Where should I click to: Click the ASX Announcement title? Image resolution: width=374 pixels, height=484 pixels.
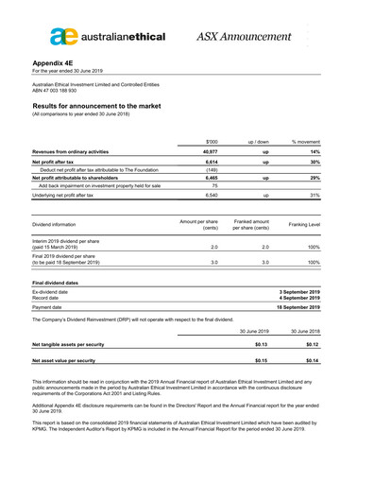(x=245, y=37)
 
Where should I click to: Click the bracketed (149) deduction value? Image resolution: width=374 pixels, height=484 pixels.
(x=212, y=169)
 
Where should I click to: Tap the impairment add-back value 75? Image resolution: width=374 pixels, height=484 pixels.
(x=214, y=185)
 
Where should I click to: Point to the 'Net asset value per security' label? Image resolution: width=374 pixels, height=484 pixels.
(x=63, y=360)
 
